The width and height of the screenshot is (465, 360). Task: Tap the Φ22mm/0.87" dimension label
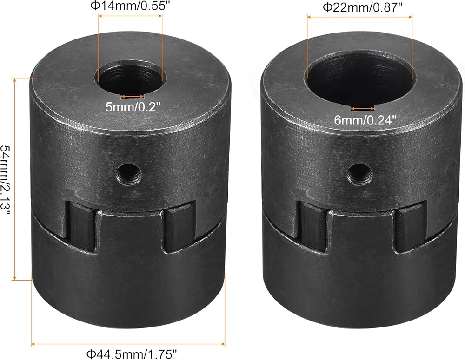click(362, 7)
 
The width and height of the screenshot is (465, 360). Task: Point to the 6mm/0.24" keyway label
click(365, 120)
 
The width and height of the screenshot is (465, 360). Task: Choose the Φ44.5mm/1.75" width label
click(132, 354)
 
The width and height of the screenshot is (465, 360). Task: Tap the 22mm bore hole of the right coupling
click(361, 79)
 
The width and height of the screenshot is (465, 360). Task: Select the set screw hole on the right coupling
click(360, 174)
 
